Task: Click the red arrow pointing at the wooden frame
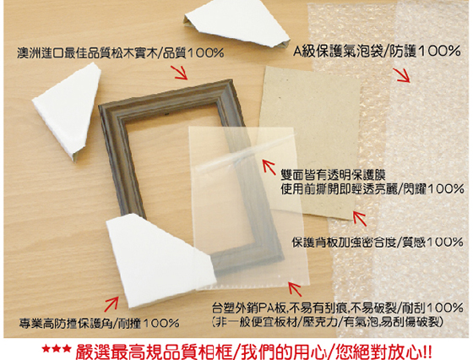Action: [x=181, y=73]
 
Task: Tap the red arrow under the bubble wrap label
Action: [x=401, y=75]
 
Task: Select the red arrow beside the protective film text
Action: [x=269, y=166]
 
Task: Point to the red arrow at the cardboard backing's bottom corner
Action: [x=360, y=218]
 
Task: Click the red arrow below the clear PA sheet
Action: [x=295, y=289]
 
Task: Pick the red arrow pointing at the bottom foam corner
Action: [x=111, y=304]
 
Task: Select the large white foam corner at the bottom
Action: [x=157, y=259]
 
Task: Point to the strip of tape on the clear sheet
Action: [x=244, y=153]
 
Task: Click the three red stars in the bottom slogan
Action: [x=57, y=350]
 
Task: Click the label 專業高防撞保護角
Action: [x=65, y=323]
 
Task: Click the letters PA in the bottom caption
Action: [x=265, y=308]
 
